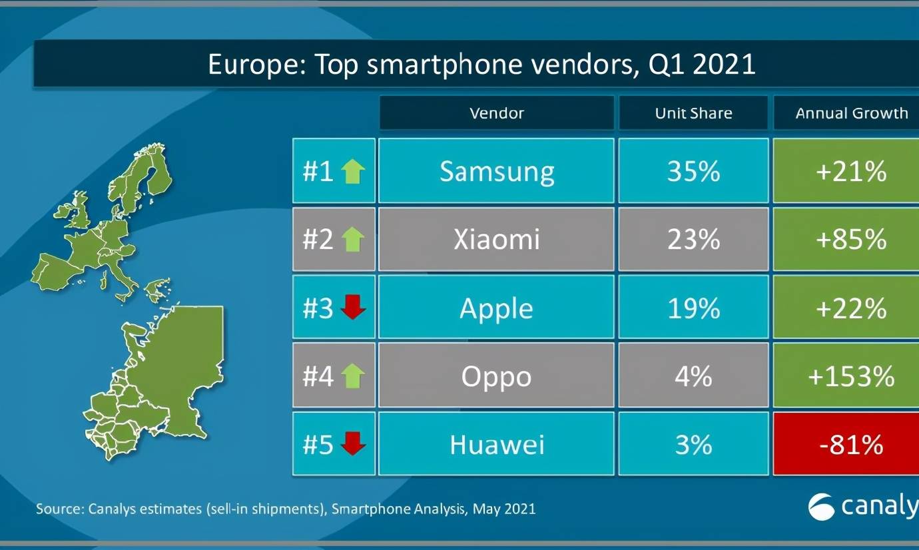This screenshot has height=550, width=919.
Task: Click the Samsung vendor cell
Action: (x=496, y=171)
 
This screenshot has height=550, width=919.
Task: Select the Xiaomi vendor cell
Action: (x=496, y=239)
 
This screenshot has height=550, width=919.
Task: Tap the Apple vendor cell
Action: (x=496, y=308)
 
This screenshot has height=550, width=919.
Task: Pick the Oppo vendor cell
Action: (x=496, y=376)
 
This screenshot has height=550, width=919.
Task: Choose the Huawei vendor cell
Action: (x=496, y=444)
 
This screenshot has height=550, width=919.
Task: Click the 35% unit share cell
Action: (x=693, y=171)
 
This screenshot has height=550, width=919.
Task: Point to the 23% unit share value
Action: (x=693, y=239)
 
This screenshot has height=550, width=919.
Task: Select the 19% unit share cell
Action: (x=693, y=308)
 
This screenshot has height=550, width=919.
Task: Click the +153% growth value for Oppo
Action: (x=851, y=376)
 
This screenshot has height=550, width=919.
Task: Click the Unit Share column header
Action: (x=693, y=113)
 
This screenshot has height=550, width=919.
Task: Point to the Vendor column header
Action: (x=496, y=113)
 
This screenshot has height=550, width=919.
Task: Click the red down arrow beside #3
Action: (x=353, y=308)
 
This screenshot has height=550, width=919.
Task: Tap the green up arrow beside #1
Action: (x=353, y=171)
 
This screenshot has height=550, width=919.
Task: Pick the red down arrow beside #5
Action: (x=353, y=444)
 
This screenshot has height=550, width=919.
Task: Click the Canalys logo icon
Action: (x=821, y=507)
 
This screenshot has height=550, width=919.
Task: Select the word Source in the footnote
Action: (x=59, y=509)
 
